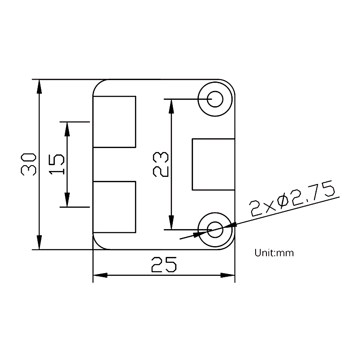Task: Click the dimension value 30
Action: pyautogui.click(x=28, y=164)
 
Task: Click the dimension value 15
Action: pyautogui.click(x=57, y=164)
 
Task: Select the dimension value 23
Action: pyautogui.click(x=161, y=164)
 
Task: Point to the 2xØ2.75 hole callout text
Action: pyautogui.click(x=292, y=199)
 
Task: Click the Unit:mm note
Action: pyautogui.click(x=274, y=253)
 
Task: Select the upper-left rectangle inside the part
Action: pyautogui.click(x=114, y=121)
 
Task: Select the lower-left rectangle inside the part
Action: pyautogui.click(x=114, y=207)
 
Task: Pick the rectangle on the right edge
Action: pyautogui.click(x=214, y=164)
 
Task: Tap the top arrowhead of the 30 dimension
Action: pyautogui.click(x=40, y=85)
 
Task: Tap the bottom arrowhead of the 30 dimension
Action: pyautogui.click(x=40, y=243)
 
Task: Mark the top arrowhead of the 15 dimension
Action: pyautogui.click(x=67, y=128)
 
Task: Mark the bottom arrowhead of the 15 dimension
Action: pyautogui.click(x=67, y=201)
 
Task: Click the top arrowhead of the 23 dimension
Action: pyautogui.click(x=171, y=105)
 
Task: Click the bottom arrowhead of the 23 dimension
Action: pyautogui.click(x=171, y=223)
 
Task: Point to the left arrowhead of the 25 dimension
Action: pyautogui.click(x=99, y=275)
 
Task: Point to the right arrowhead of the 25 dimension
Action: pyautogui.click(x=228, y=275)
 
